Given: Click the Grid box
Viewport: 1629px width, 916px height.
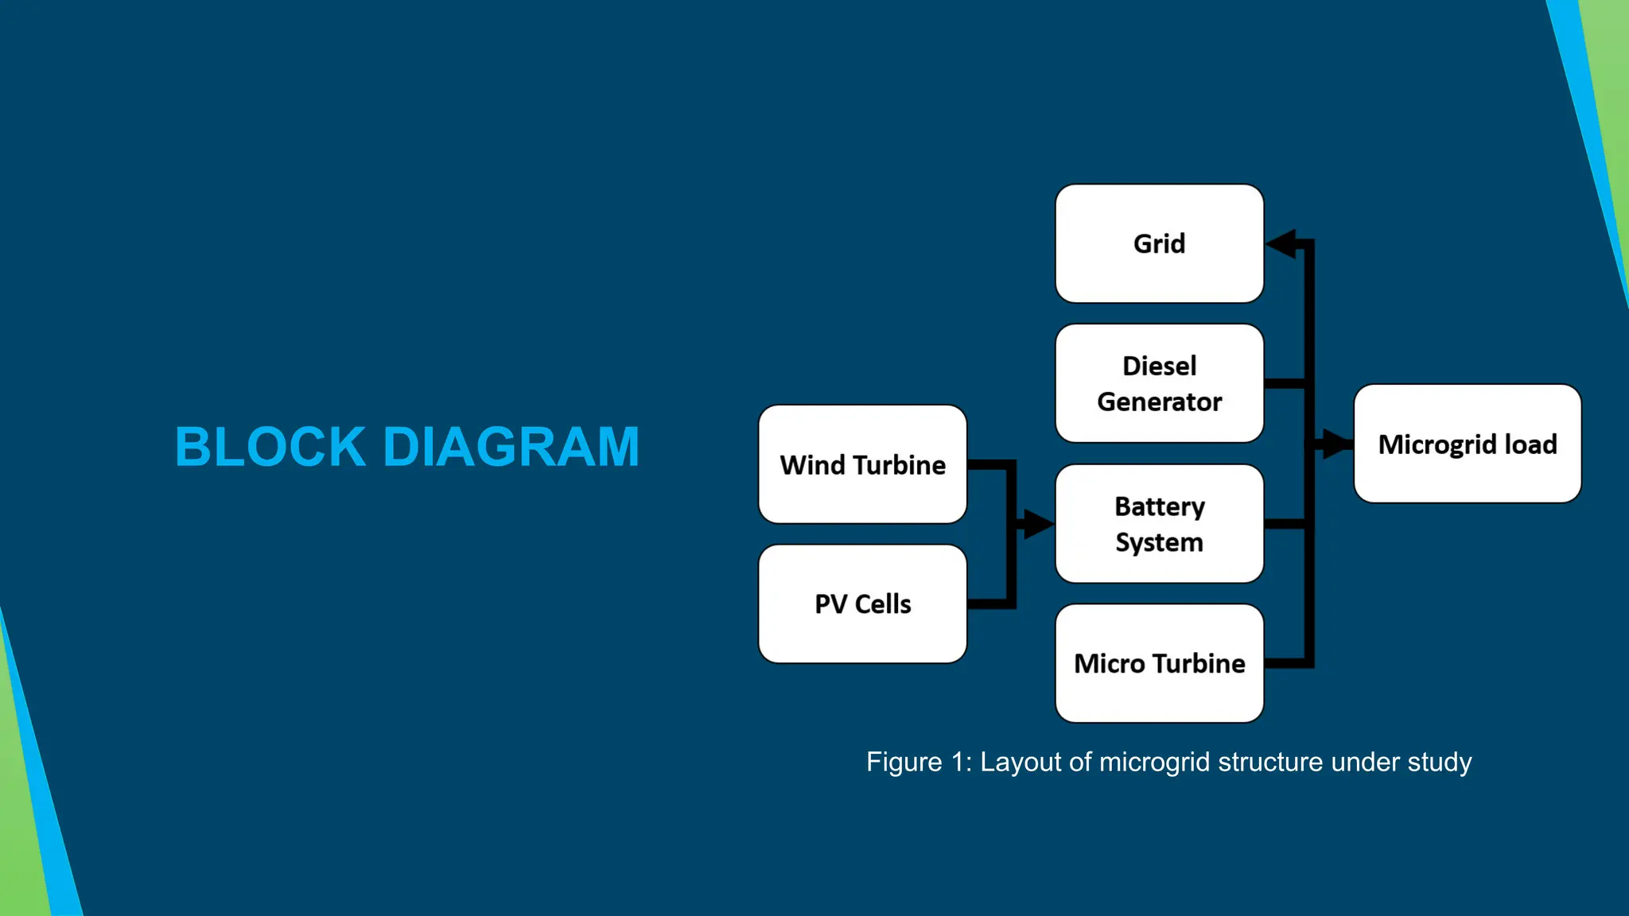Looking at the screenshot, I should coord(1159,243).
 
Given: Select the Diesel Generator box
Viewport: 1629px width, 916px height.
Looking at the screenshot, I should coord(1159,383).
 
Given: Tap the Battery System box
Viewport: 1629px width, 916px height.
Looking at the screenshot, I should coord(1159,524).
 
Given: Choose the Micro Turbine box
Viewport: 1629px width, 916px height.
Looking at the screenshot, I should coord(1159,663).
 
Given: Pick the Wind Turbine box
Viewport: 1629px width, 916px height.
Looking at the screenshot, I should coord(862,464).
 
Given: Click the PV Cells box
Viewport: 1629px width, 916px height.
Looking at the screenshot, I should coord(862,604).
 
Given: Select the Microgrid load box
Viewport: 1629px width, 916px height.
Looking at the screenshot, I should coord(1467,444).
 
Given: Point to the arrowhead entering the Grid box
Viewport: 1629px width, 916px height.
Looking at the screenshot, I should coord(1280,243).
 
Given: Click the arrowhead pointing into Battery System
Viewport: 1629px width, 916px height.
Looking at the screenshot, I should coord(1038,524).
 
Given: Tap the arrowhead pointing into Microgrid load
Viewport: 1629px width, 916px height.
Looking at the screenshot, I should coord(1337,444).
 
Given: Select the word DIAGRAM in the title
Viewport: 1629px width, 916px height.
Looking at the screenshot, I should coord(511,447).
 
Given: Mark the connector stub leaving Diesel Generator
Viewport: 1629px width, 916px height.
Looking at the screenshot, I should coord(1284,383).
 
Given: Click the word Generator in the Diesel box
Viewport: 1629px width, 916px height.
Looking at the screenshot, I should coord(1159,402).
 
